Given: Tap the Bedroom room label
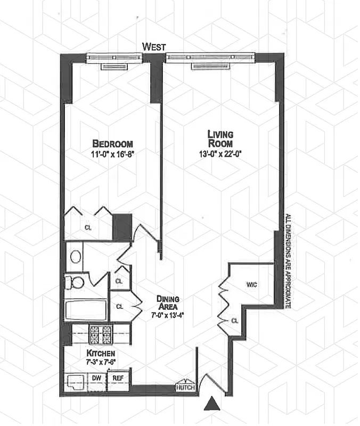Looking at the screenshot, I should pos(112,144).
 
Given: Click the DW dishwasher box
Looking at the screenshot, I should pos(97,378).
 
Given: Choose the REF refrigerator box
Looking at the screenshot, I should pos(117,378).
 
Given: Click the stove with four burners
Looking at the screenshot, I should pos(100,334).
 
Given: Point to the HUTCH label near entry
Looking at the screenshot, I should pos(186,388).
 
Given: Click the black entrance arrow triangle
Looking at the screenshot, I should pos(212,404).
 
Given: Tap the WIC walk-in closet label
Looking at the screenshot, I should pos(252,284).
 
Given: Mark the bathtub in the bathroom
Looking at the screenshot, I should pos(84,310).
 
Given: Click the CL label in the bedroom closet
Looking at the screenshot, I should pos(88,227).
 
